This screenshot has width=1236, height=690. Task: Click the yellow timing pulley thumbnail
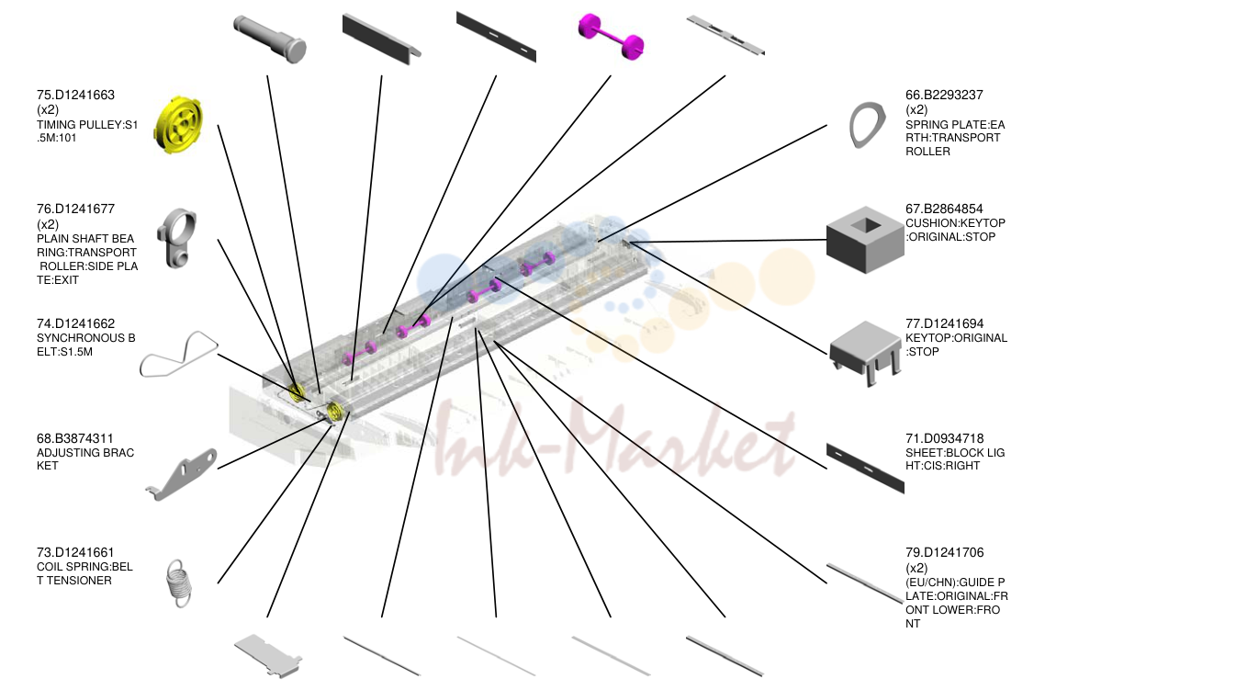[x=177, y=125]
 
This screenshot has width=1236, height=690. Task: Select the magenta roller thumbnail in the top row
[x=611, y=36]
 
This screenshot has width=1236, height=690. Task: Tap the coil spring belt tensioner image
[x=179, y=583]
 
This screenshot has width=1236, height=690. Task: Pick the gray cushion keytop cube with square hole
[x=865, y=240]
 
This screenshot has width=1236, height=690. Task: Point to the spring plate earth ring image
[x=867, y=125]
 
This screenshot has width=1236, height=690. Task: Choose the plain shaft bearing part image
[x=176, y=239]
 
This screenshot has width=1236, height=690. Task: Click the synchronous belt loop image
[x=178, y=354]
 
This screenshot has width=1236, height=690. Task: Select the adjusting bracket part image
[x=181, y=474]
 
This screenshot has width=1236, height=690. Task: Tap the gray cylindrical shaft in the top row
[x=270, y=39]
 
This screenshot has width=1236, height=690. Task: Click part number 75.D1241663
[x=75, y=95]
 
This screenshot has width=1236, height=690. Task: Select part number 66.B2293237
[x=944, y=95]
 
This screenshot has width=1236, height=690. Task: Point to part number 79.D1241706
[x=944, y=552]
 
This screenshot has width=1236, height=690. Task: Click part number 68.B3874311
[x=75, y=438]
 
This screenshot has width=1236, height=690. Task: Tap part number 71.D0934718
[x=944, y=438]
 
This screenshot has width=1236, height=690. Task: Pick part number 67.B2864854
[x=944, y=209]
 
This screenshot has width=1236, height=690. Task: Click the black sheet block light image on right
[x=865, y=468]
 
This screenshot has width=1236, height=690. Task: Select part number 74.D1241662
[x=75, y=323]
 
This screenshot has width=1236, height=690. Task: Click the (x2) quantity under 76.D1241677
[x=48, y=224]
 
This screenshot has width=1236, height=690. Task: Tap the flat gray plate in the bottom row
[x=267, y=656]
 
